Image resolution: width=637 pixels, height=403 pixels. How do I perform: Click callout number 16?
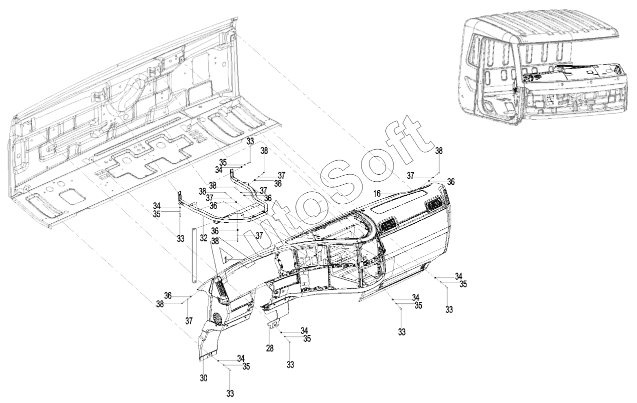[x=377, y=194]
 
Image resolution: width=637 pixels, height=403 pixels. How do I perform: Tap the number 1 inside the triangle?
[x=225, y=259]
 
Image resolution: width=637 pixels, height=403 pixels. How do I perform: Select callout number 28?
[x=269, y=348]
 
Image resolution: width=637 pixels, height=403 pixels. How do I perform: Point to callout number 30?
[x=203, y=378]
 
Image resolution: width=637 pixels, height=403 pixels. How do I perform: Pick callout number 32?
[x=203, y=238]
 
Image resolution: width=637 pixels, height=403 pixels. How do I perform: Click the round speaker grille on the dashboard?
[x=218, y=318]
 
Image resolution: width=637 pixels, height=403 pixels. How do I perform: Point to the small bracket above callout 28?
[x=274, y=325]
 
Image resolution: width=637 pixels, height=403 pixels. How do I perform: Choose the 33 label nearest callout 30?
[x=230, y=393]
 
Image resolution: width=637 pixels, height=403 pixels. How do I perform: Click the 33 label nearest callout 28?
[x=290, y=364]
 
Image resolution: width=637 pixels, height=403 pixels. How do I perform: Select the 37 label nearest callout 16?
[x=410, y=176]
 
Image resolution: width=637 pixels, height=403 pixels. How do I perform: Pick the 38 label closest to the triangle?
[x=215, y=241]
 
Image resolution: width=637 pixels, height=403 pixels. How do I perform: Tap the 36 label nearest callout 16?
[x=451, y=182]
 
